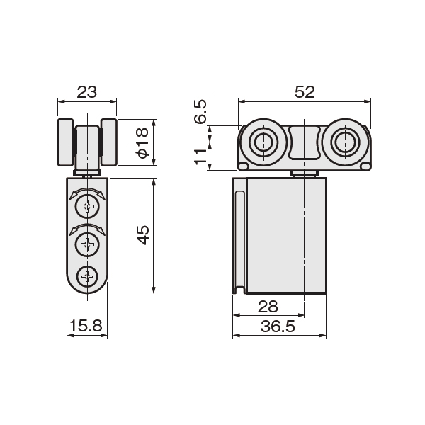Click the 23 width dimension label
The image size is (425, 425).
pos(87,92)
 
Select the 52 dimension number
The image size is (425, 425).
pos(305,92)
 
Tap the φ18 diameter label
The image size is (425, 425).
pos(142,142)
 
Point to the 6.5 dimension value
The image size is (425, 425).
pos(200,112)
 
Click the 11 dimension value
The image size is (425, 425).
pos(200,157)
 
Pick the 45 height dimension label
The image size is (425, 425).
pos(142,234)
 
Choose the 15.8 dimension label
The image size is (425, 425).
pos(86,326)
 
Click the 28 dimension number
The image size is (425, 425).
pos(268,307)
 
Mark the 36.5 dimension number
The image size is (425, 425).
pos(278,327)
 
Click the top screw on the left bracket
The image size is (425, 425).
pos(87,207)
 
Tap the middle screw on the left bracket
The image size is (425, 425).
pos(87,245)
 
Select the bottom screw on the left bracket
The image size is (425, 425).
pos(87,277)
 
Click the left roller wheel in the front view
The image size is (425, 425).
pos(65,142)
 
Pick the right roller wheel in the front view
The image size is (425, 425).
pos(109,142)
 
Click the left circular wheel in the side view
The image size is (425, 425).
pos(263,142)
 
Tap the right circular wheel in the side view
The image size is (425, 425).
pos(345,142)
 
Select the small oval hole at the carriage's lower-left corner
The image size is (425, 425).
pos(244,166)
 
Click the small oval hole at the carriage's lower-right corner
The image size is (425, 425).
pos(365,166)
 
